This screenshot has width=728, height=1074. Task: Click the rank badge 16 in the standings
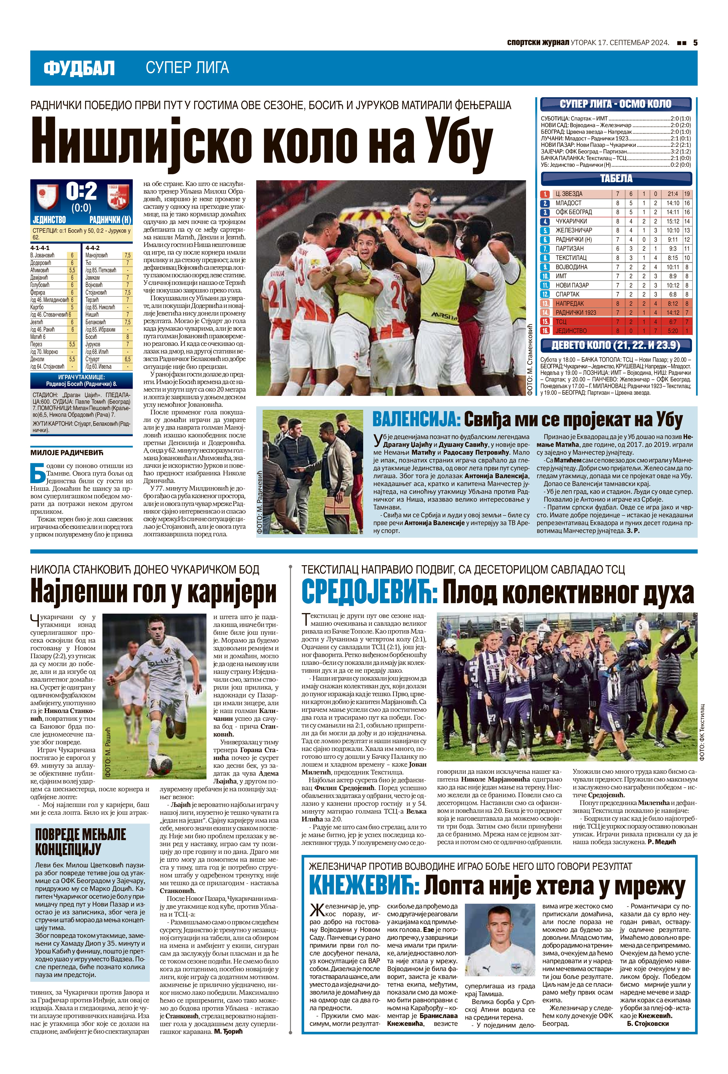coord(545,331)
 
